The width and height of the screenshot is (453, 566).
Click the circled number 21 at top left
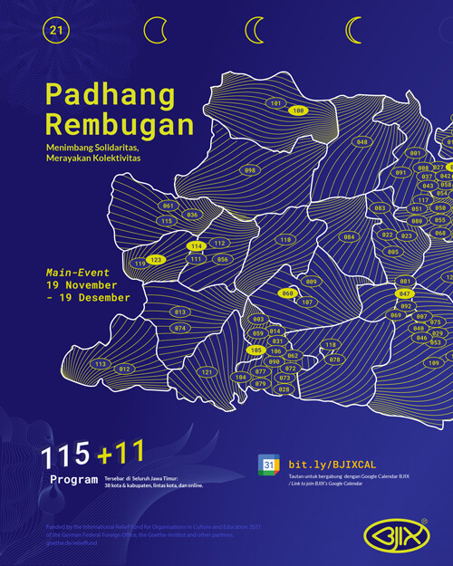pyautogui.click(x=56, y=31)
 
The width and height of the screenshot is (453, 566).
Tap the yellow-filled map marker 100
pyautogui.click(x=298, y=110)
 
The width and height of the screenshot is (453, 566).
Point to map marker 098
pyautogui.click(x=250, y=169)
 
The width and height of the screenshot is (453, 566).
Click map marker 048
pyautogui.click(x=361, y=142)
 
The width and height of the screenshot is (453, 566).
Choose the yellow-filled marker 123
pyautogui.click(x=156, y=259)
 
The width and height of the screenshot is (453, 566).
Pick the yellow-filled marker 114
pyautogui.click(x=196, y=246)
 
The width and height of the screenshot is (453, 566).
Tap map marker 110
pyautogui.click(x=285, y=240)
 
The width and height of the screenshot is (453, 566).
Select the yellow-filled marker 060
pyautogui.click(x=288, y=293)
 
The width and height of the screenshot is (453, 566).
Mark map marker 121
pyautogui.click(x=207, y=372)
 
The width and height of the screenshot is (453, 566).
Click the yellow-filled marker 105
pyautogui.click(x=255, y=350)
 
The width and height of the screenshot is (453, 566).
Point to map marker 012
pyautogui.click(x=125, y=369)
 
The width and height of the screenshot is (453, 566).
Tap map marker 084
pyautogui.click(x=348, y=237)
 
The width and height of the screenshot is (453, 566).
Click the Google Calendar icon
pyautogui.click(x=268, y=464)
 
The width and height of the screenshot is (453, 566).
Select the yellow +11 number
pyautogui.click(x=123, y=453)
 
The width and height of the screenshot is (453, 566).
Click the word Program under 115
pyautogui.click(x=73, y=479)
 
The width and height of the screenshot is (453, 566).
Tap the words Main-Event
pyautogui.click(x=78, y=273)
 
